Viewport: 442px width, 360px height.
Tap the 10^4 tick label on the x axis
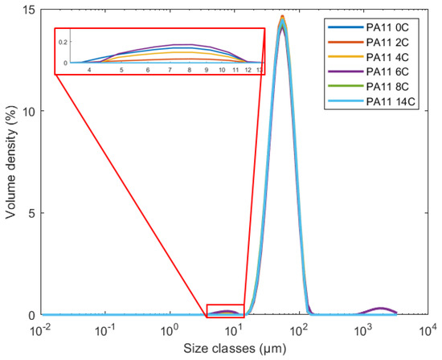pyautogui.click(x=428, y=330)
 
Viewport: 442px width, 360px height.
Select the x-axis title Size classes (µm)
pyautogui.click(x=233, y=350)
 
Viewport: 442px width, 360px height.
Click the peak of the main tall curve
pyautogui.click(x=282, y=18)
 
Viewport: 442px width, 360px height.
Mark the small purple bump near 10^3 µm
pyautogui.click(x=382, y=309)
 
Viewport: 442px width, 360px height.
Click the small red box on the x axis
pyautogui.click(x=225, y=311)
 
